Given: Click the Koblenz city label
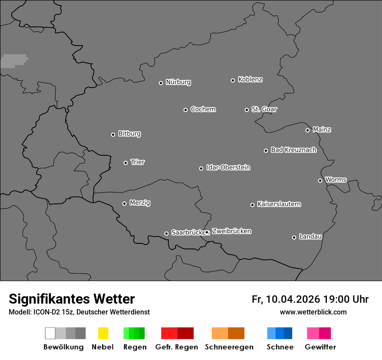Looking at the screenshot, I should (250, 79).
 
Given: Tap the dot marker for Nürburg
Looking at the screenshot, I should (161, 83).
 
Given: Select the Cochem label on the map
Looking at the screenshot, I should (203, 109).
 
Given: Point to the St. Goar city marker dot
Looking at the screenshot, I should (247, 110).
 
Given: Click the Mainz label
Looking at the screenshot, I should (322, 129).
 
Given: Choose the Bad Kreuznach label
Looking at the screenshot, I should (293, 150).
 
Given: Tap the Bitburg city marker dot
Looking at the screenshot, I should (113, 134).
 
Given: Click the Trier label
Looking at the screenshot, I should (138, 162).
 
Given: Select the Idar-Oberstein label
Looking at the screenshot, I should (228, 167).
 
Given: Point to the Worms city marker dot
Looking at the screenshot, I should (320, 180).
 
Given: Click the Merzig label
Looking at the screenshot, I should (140, 203).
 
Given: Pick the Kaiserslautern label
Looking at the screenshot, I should (279, 204).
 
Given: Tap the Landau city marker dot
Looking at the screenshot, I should (294, 237).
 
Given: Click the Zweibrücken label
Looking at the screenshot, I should (231, 231).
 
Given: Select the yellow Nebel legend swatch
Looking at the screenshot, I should (103, 333).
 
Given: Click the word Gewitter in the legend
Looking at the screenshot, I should (320, 347).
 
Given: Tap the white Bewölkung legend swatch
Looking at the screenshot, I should (50, 333).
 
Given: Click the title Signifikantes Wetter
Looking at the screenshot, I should (72, 299).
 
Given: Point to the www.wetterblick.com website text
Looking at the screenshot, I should (313, 312).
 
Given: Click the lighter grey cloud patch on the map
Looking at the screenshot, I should (13, 61).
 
